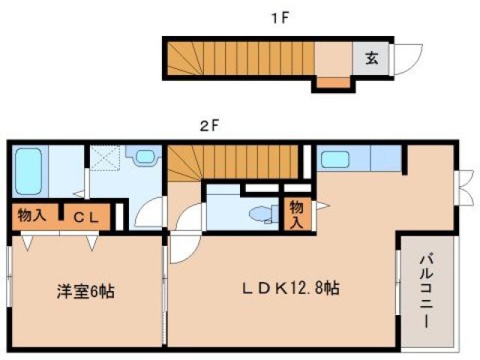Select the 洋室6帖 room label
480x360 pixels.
pyautogui.click(x=87, y=290)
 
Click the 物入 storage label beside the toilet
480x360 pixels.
pyautogui.click(x=296, y=214)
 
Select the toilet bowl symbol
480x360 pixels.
pyautogui.click(x=262, y=214)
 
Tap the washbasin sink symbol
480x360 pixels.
pyautogui.click(x=145, y=157)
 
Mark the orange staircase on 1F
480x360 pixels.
pyautogui.click(x=239, y=58)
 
